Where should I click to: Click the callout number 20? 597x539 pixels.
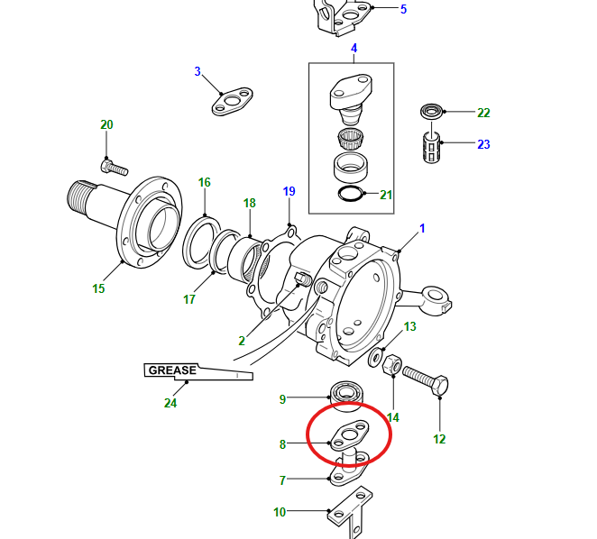click(x=106, y=124)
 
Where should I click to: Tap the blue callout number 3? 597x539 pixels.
click(x=197, y=71)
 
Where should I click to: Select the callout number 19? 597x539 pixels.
click(x=289, y=191)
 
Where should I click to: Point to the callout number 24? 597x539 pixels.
click(x=170, y=403)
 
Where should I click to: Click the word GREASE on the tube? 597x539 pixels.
click(x=172, y=370)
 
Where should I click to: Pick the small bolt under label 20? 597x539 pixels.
click(x=115, y=167)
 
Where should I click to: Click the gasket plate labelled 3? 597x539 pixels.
click(x=233, y=102)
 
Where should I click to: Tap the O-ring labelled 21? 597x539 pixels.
click(x=350, y=194)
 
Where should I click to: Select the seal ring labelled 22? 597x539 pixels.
click(x=432, y=111)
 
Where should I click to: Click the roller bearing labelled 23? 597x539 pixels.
click(x=432, y=147)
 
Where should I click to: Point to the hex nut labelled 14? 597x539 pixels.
click(x=391, y=365)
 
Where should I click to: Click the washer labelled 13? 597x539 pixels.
click(x=376, y=358)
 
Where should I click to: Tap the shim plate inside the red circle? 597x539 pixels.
click(x=349, y=435)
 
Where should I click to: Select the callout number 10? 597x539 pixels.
click(x=280, y=512)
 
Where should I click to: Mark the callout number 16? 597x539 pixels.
click(x=204, y=182)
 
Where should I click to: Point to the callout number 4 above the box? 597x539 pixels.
click(x=354, y=49)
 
